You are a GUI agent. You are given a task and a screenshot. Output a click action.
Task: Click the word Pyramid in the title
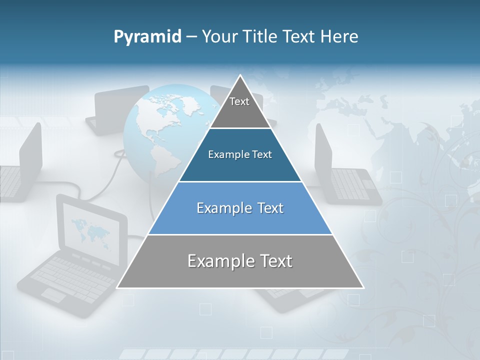(147, 37)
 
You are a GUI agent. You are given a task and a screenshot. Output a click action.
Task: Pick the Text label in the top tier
(239, 101)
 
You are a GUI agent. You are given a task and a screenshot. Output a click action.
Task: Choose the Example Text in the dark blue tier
(240, 154)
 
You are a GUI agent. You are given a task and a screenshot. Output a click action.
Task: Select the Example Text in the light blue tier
(240, 208)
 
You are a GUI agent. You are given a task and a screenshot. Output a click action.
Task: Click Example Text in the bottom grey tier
(240, 261)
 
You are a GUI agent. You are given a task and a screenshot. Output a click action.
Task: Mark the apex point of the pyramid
(240, 75)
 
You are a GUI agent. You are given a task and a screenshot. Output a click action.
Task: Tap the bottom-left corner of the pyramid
(117, 287)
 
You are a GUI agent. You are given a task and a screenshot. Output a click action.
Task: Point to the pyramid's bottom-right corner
(363, 287)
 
